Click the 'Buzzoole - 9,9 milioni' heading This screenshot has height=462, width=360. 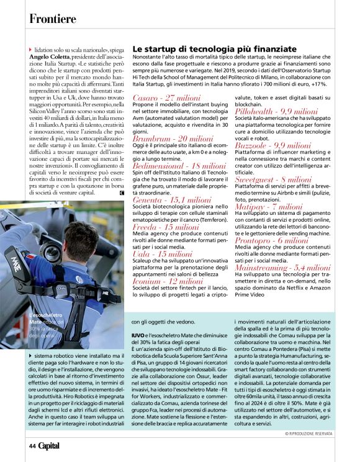point(272,145)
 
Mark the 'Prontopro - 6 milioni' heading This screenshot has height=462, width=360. point(271,239)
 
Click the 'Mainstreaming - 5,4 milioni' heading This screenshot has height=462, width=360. point(282,266)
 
